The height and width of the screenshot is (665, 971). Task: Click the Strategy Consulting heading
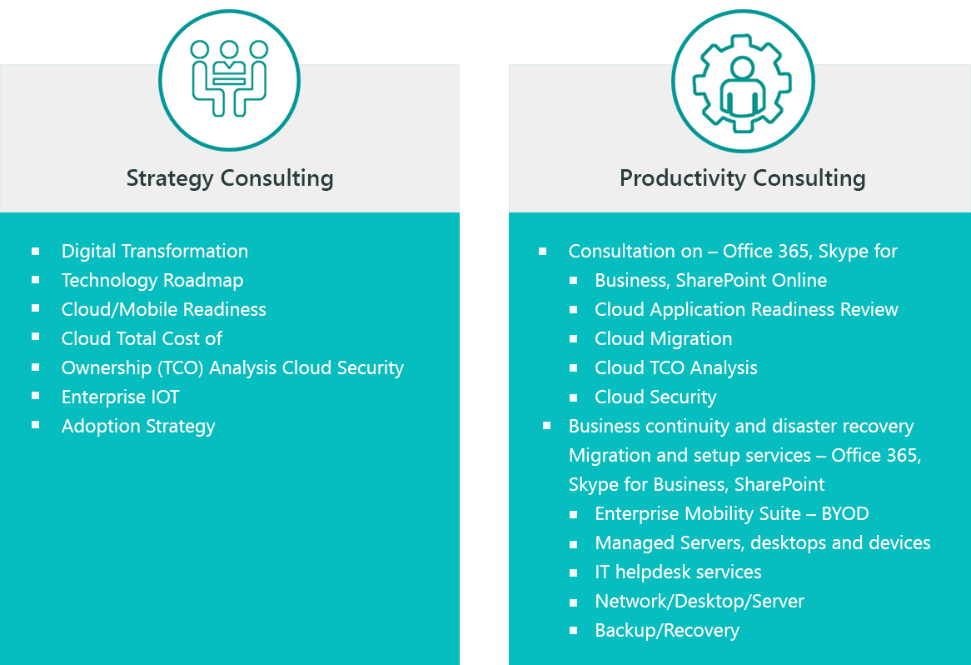coord(230,178)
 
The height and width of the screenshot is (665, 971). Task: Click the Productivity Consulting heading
coord(742,178)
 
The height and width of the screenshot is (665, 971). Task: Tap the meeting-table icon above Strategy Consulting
coord(229,80)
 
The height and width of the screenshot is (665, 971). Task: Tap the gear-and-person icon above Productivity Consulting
coord(742,82)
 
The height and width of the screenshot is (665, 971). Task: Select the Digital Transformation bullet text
coord(155,252)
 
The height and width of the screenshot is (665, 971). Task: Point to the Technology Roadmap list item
coord(152,281)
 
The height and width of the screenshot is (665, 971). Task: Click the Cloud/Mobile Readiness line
coord(164,310)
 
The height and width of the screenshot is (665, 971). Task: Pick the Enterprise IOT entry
coord(121,397)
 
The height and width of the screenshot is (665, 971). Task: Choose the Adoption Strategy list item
coord(138,427)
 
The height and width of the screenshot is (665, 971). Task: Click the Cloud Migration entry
coord(664,339)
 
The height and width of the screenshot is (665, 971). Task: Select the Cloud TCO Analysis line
coord(676,368)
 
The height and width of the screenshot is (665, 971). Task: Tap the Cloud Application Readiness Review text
coord(746,310)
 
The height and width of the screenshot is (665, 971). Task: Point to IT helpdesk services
coord(678,572)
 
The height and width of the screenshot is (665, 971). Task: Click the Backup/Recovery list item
coord(667,631)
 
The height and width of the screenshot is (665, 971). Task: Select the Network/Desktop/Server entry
coord(700,602)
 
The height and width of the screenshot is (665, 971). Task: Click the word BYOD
coord(844,514)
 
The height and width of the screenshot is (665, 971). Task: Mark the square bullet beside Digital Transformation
coord(36,250)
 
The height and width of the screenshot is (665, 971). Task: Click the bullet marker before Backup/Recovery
coord(574,631)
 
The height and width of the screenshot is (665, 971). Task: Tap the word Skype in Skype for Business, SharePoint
coord(592,485)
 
